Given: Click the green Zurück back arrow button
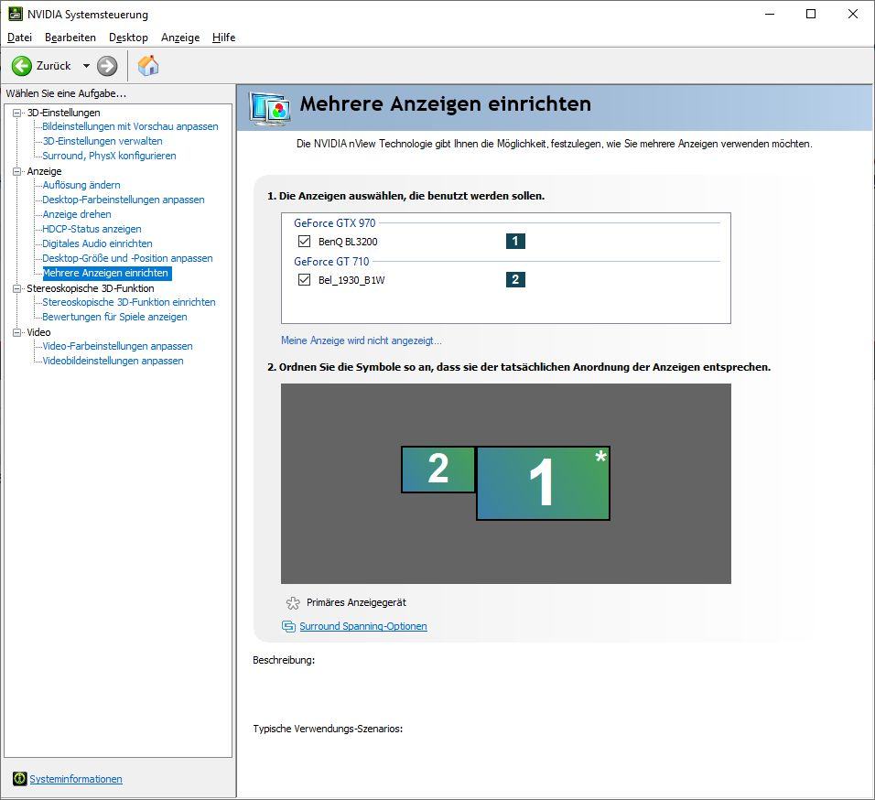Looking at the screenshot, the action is coord(22,66).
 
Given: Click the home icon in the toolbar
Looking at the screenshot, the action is coord(148,65).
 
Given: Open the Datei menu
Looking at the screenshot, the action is coord(19,38).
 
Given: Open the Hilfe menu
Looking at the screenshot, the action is coord(223,38).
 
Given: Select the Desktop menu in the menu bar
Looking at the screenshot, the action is coord(128,38).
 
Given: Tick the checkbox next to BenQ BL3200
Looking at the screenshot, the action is coord(304,241).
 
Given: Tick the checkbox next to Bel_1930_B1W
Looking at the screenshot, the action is coord(304,279).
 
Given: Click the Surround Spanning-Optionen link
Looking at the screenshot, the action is coord(363,626).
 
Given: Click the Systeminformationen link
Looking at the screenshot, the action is coord(76,779).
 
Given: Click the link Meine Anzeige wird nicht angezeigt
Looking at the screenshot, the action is coord(361,341).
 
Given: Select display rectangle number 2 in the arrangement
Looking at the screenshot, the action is coord(438,470).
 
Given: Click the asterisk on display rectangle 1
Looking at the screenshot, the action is coord(600,457).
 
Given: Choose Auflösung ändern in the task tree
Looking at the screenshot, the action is coord(81,185).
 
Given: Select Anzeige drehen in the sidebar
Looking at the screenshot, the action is coord(77,214).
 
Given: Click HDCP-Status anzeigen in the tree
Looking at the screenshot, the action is coord(92,229).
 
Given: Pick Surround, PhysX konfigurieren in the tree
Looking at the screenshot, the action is coord(110,156).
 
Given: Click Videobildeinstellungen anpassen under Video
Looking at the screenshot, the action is coord(113,361).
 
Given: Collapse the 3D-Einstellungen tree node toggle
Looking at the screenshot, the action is coord(16,113).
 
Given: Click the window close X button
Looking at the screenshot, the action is coord(853,14).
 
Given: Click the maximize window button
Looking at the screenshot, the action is coord(811,14).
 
